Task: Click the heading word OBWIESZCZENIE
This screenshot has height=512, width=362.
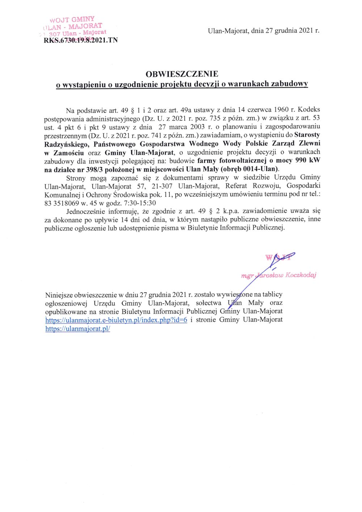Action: (x=182, y=74)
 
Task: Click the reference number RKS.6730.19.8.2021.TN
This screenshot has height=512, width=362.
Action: (x=80, y=40)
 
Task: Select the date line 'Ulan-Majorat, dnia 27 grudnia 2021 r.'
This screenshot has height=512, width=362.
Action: (x=263, y=31)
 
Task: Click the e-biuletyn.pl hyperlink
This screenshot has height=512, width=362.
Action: (x=116, y=320)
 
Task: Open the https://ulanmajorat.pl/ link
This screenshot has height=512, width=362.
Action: (x=77, y=329)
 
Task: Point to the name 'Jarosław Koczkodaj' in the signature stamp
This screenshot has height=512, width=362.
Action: (x=286, y=275)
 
